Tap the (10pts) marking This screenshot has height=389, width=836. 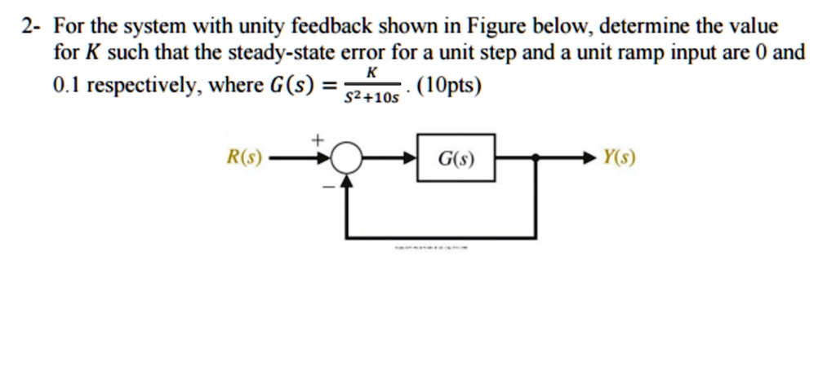448,84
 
